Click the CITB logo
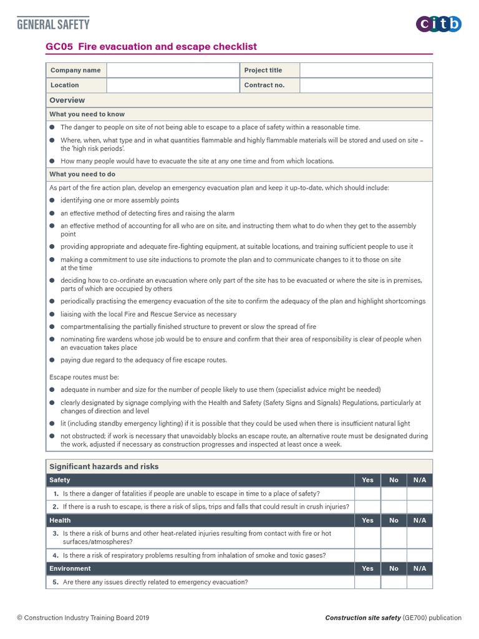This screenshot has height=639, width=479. tap(438, 24)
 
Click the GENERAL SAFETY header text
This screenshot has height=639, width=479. tap(53, 24)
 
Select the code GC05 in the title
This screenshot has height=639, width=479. tap(60, 47)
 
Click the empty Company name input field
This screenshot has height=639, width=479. tap(173, 71)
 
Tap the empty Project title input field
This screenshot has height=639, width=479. tap(365, 71)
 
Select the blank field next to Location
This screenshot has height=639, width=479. tap(173, 85)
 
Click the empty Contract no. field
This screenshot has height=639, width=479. tap(365, 85)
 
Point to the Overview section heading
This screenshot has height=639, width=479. tap(67, 100)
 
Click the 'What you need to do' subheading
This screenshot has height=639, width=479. tap(82, 174)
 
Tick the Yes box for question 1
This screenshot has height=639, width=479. tap(367, 494)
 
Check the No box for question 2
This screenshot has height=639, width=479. tap(394, 507)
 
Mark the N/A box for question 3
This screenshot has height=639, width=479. tap(419, 538)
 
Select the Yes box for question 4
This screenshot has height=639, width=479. tap(367, 555)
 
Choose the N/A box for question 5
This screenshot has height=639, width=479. tap(419, 582)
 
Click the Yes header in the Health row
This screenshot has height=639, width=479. tap(367, 520)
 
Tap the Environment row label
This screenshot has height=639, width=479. tap(70, 568)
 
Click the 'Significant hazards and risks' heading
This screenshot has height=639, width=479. tap(104, 466)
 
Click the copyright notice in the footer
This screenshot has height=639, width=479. tap(83, 618)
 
